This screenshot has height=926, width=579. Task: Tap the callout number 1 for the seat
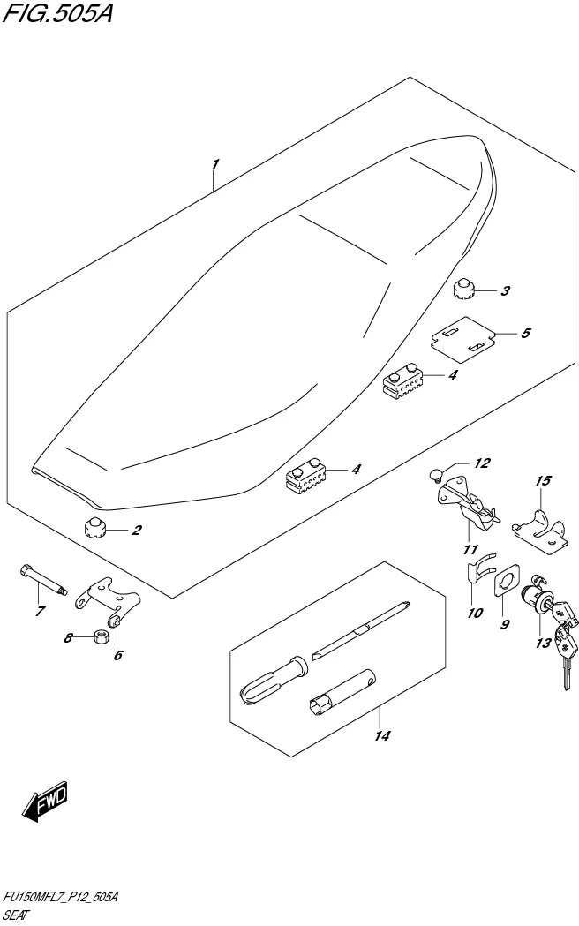click(x=214, y=164)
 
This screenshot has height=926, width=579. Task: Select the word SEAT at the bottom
click(x=17, y=915)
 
